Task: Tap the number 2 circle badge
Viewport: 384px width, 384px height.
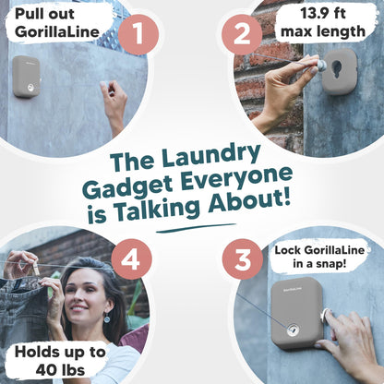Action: [x=246, y=36]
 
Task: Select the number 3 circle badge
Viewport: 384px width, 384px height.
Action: [x=244, y=260]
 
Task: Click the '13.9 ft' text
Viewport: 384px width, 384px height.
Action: [x=331, y=16]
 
